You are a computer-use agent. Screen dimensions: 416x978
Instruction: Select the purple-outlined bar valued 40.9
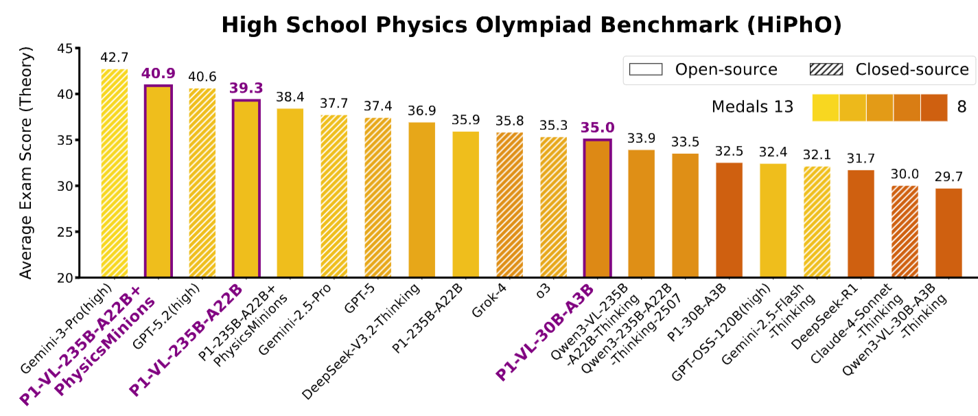click(159, 181)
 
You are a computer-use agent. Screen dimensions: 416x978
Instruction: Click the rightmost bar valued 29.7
click(949, 233)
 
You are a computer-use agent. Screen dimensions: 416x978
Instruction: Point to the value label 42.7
click(115, 58)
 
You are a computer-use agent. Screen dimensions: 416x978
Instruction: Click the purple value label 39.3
click(246, 89)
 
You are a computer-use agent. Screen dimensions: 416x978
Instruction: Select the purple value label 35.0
click(598, 128)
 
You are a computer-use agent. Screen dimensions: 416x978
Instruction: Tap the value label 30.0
click(905, 174)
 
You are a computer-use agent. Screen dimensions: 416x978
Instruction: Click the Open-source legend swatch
click(645, 69)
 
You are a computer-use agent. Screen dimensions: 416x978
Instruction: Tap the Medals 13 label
click(752, 106)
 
